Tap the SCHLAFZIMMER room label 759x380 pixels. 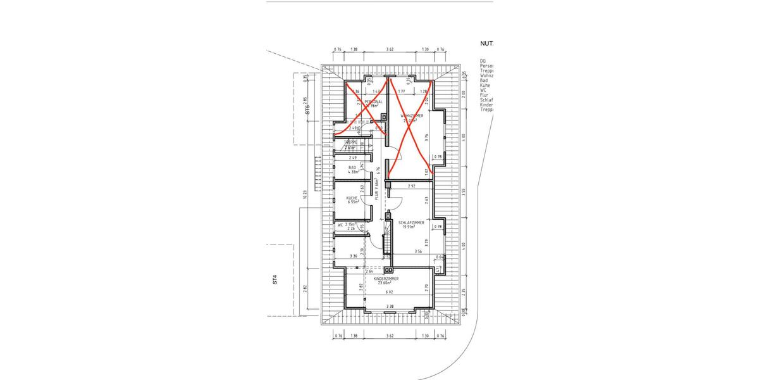pos(411,223)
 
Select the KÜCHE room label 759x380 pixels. pos(352,198)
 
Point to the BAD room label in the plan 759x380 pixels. pos(352,167)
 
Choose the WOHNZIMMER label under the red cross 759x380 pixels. pos(411,116)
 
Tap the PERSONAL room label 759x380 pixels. pos(373,101)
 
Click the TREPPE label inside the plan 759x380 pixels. pos(351,142)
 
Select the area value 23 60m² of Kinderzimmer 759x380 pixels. pos(386,283)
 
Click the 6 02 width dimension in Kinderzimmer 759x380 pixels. pos(390,292)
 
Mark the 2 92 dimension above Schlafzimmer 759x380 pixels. pos(412,186)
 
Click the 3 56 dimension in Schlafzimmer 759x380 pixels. pos(418,251)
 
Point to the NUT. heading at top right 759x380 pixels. pos(486,44)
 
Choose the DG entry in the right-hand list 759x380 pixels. pos(483,61)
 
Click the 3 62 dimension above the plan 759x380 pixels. pos(390,49)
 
